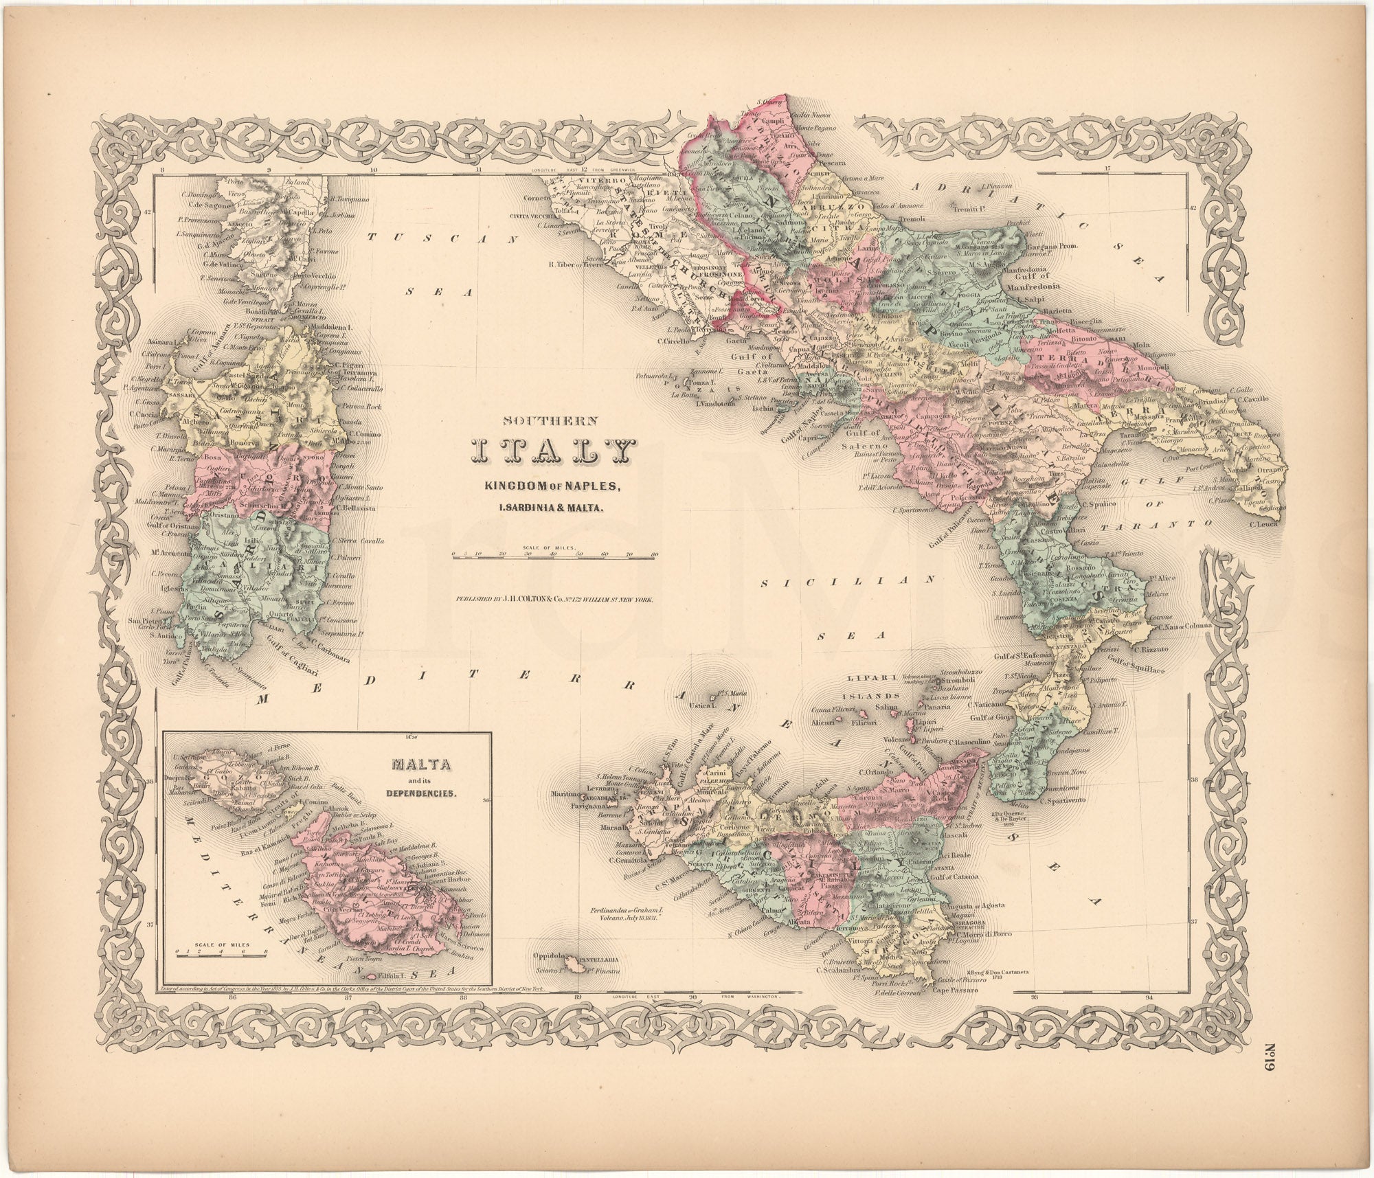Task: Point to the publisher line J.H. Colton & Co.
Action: click(554, 599)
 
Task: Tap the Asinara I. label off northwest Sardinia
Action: click(164, 340)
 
